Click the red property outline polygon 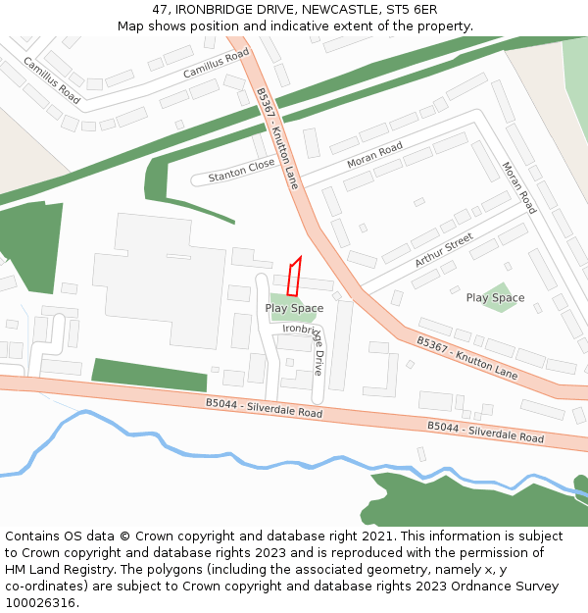pos(294,278)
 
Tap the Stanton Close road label pos(241,171)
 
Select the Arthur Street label pos(443,250)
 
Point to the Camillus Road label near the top pos(216,65)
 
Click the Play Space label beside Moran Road pos(495,297)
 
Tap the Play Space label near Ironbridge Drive pos(294,308)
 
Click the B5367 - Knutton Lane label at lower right pos(466,358)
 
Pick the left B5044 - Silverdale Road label pos(264,408)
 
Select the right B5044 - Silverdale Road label pos(485,432)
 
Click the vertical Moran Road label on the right pos(518,187)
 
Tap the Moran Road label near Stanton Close pos(374,154)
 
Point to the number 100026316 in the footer pos(40,602)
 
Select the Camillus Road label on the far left pos(51,80)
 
